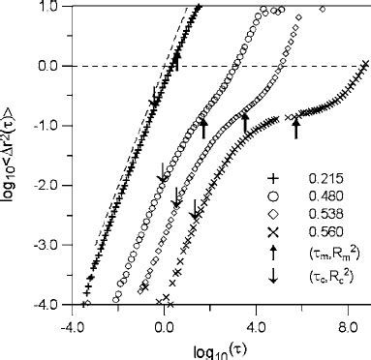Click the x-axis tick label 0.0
(x=162, y=317)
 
